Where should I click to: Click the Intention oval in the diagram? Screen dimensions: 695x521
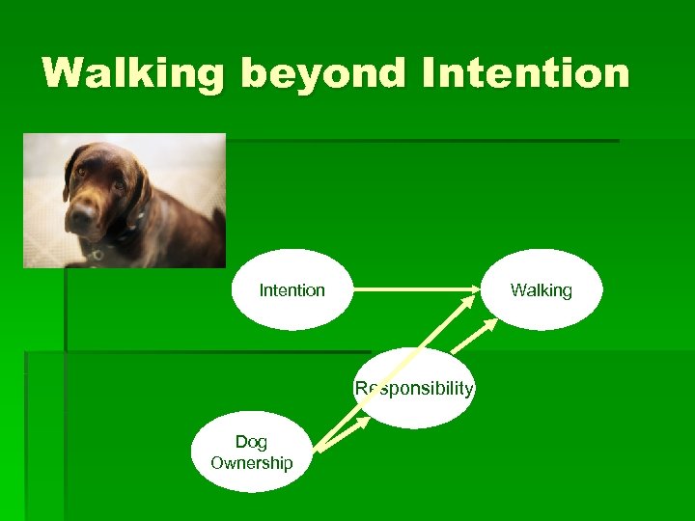click(292, 289)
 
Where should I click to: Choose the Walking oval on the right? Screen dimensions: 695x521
click(541, 289)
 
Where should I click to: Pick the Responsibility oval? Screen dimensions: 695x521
click(414, 390)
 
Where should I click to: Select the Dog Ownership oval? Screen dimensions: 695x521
click(252, 452)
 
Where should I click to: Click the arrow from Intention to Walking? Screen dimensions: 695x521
click(415, 289)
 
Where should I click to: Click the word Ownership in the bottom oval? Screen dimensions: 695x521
click(252, 463)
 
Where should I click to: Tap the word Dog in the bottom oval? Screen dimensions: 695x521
click(251, 441)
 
